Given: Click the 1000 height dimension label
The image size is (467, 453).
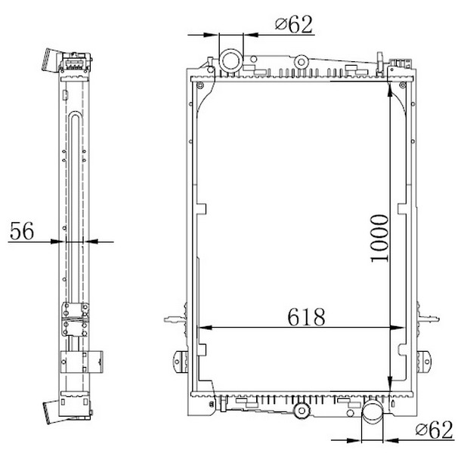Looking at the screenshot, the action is (380, 239).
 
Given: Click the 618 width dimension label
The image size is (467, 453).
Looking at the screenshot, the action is (306, 316).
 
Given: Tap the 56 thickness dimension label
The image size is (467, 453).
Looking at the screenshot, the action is (22, 231).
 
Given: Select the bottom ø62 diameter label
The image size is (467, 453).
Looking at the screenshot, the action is (435, 430).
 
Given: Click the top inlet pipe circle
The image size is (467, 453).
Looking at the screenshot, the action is (231, 60).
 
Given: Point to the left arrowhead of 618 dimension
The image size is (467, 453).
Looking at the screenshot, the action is (205, 328).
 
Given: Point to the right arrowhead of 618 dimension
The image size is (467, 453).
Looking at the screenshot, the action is (397, 328).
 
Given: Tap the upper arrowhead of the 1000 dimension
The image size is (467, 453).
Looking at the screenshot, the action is (390, 88).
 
